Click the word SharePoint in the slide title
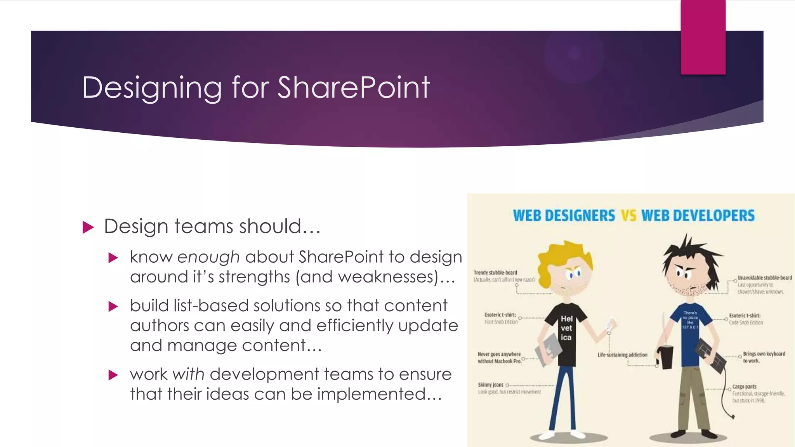click(x=353, y=88)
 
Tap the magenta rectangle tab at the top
click(x=703, y=37)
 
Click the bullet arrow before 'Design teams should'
click(x=89, y=227)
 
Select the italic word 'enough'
click(x=208, y=257)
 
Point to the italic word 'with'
click(x=188, y=374)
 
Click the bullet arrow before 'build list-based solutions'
click(x=113, y=307)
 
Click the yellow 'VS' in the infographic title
click(x=628, y=216)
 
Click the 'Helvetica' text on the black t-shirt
click(x=566, y=328)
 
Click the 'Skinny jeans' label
click(x=491, y=385)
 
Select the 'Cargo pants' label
click(x=744, y=387)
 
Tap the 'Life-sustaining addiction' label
click(x=622, y=355)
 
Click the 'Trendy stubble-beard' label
click(x=495, y=273)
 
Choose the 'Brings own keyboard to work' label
click(x=764, y=357)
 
